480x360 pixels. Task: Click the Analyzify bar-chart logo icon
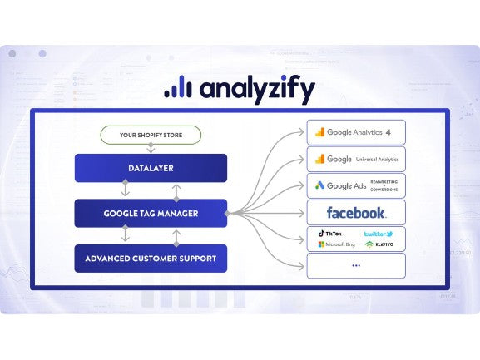(x=176, y=87)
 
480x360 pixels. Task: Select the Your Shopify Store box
(x=151, y=135)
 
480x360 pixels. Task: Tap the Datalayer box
(x=151, y=168)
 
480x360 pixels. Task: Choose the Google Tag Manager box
(x=151, y=213)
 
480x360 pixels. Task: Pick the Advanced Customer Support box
(x=151, y=259)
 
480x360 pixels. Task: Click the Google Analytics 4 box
(x=356, y=132)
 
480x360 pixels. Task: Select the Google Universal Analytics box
(x=356, y=159)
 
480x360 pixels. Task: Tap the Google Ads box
(x=356, y=185)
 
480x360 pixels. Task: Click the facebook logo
(x=356, y=213)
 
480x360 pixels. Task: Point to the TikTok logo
(x=330, y=234)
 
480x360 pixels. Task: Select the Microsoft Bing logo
(x=334, y=245)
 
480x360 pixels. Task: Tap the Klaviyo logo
(x=379, y=245)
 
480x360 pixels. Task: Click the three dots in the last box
(x=356, y=266)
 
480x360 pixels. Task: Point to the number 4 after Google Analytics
(x=388, y=132)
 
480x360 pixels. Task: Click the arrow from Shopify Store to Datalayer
(x=151, y=148)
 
